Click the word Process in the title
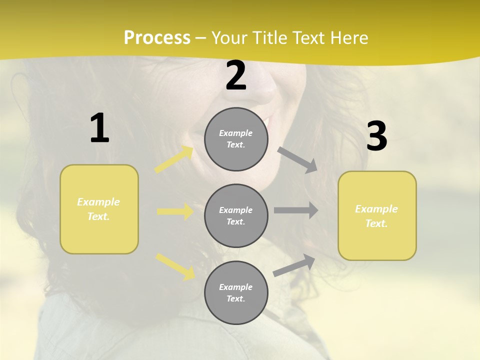(x=157, y=38)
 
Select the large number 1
(x=99, y=128)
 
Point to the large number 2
(x=236, y=76)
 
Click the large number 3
(x=376, y=136)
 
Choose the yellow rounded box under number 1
(x=99, y=209)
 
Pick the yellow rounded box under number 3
(x=377, y=216)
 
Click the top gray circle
(x=236, y=139)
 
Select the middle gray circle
(x=236, y=216)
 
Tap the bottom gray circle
(x=236, y=293)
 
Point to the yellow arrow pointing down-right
(x=175, y=266)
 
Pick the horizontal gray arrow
(x=296, y=210)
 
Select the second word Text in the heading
(x=305, y=38)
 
